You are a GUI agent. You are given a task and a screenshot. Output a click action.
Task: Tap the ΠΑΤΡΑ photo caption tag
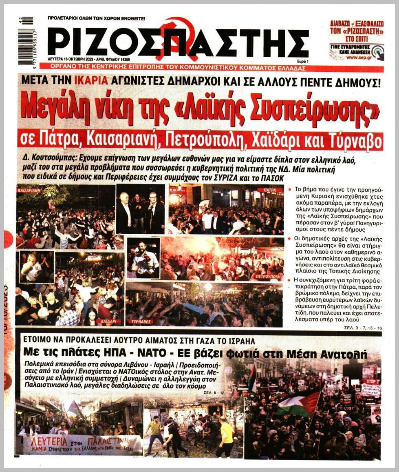point(270,190)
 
